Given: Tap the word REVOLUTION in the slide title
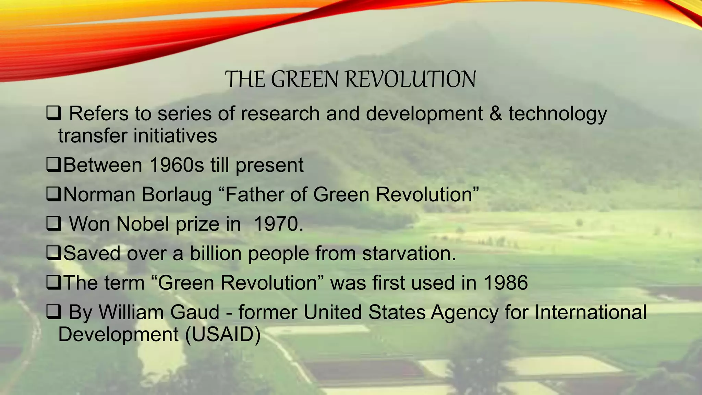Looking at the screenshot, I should pos(410,80).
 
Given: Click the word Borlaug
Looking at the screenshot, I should pos(177,194).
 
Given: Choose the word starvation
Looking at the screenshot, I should pos(409,253).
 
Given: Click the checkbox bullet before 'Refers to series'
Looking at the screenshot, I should pos(54,113).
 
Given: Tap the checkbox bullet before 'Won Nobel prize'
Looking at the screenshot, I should pos(54,224).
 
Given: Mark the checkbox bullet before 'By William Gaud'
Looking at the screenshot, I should pos(54,312).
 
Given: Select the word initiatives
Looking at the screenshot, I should pos(175,135).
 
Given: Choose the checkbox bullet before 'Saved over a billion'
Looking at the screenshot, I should pos(54,253).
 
